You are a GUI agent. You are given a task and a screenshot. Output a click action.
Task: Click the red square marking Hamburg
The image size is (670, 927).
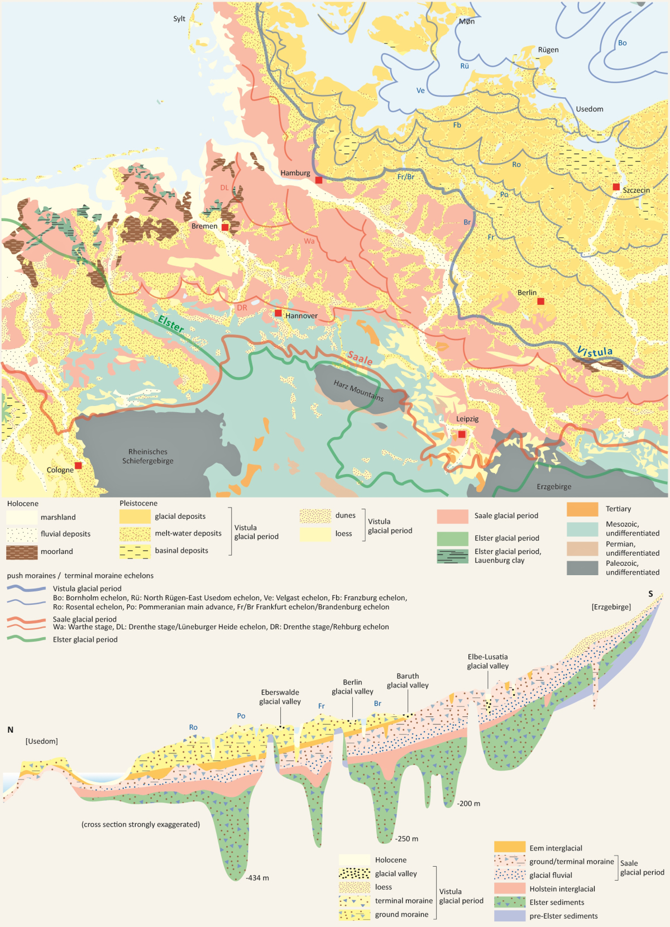click(319, 180)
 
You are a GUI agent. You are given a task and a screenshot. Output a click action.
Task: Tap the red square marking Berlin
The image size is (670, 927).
click(540, 302)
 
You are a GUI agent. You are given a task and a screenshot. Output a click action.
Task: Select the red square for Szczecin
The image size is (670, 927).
click(616, 187)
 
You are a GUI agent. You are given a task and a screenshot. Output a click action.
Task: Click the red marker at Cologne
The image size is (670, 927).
click(78, 466)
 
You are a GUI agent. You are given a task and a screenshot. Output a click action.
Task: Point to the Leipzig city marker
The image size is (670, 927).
click(462, 434)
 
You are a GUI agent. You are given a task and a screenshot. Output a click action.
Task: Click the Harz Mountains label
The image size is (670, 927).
click(358, 390)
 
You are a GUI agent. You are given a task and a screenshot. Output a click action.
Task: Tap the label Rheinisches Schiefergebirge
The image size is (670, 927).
click(148, 456)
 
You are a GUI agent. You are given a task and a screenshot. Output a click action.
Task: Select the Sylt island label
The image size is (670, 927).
click(179, 18)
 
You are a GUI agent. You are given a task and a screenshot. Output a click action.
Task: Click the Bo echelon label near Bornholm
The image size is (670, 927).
click(622, 43)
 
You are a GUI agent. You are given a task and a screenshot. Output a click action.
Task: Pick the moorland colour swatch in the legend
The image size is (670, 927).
click(22, 552)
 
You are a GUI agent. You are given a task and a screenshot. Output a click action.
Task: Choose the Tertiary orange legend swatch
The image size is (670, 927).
click(582, 509)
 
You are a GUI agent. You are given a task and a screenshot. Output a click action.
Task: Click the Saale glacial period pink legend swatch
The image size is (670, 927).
click(452, 516)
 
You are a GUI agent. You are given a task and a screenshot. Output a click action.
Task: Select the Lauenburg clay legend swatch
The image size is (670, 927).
click(452, 556)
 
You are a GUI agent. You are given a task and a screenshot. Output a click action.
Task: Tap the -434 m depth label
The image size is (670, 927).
click(257, 878)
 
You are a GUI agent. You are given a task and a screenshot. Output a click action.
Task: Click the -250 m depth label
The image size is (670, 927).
click(406, 839)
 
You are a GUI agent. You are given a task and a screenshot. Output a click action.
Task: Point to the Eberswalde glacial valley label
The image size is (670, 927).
click(280, 697)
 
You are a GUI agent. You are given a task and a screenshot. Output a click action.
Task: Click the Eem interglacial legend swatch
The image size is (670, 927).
click(510, 848)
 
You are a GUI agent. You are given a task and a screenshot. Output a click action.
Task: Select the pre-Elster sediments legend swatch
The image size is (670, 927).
click(510, 916)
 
